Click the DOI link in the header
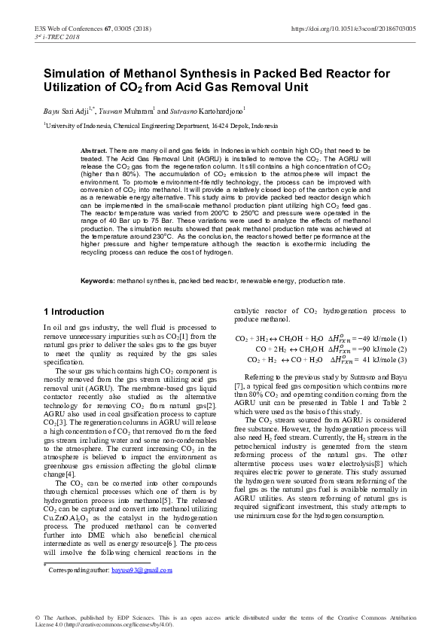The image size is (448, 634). click(x=352, y=28)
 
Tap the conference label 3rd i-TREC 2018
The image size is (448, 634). click(x=57, y=36)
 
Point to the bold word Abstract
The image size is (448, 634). click(x=94, y=151)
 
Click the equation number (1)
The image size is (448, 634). click(x=401, y=339)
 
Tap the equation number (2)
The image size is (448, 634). click(x=401, y=349)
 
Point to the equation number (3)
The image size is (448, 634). click(x=401, y=360)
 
